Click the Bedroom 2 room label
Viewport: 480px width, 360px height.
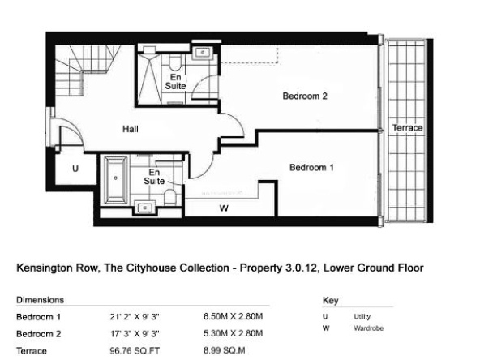click(x=305, y=96)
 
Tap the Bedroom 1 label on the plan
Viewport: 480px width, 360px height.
click(x=311, y=168)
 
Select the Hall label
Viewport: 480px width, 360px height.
click(x=131, y=129)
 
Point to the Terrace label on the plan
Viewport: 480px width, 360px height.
click(x=408, y=127)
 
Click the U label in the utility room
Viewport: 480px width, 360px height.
click(x=75, y=169)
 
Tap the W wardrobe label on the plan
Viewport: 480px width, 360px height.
click(x=224, y=208)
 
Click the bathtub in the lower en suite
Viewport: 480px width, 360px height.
click(x=116, y=180)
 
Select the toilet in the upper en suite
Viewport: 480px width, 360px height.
click(x=175, y=62)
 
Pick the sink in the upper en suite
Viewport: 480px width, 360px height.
click(x=203, y=53)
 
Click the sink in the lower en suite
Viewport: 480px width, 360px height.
click(x=145, y=208)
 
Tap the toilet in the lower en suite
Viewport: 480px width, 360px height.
click(x=170, y=198)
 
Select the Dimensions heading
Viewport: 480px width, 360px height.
click(x=40, y=300)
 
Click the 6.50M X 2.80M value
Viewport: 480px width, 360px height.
click(x=234, y=316)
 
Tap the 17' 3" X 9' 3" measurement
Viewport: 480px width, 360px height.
click(x=135, y=334)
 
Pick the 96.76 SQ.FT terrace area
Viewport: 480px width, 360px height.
click(x=135, y=351)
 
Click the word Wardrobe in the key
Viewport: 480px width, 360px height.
click(x=369, y=328)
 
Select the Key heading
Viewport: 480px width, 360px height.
click(x=330, y=301)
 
